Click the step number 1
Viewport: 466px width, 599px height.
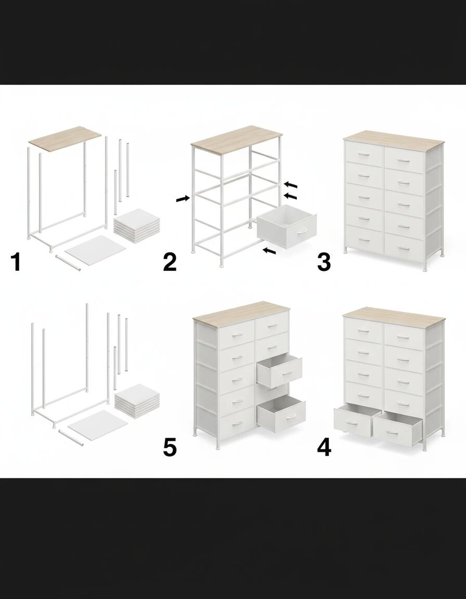click(x=16, y=262)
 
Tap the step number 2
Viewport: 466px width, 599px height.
click(x=170, y=262)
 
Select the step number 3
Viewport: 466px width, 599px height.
click(x=324, y=262)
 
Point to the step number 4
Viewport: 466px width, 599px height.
click(x=324, y=447)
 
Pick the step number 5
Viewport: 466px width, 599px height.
click(x=170, y=447)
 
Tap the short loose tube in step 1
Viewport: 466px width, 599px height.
click(x=68, y=263)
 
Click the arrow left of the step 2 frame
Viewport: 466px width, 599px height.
click(x=183, y=199)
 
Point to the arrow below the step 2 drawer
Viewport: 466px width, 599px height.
click(x=269, y=251)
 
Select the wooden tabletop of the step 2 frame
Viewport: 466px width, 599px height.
click(x=237, y=139)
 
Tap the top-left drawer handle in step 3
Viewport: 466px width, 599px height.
click(x=364, y=157)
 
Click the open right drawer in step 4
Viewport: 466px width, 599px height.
click(x=397, y=429)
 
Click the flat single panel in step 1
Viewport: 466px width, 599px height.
click(x=96, y=249)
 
